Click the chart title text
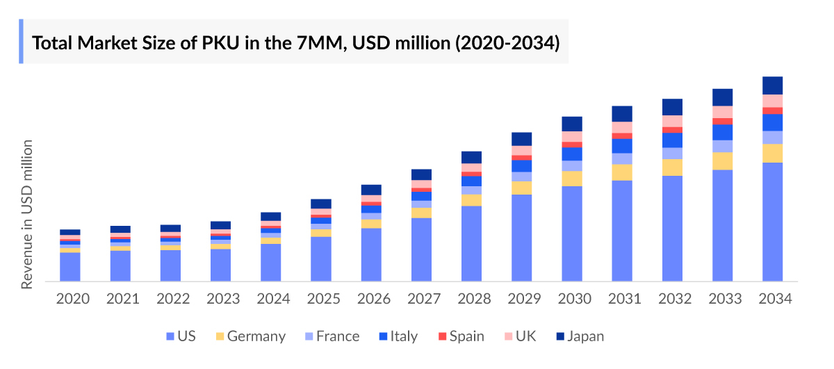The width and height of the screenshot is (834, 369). pyautogui.click(x=295, y=43)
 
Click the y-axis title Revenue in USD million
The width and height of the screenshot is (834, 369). pyautogui.click(x=27, y=214)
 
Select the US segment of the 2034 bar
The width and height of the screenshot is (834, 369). pyautogui.click(x=772, y=222)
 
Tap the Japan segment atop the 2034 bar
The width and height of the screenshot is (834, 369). pyautogui.click(x=772, y=85)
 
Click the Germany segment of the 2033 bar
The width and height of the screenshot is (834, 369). pyautogui.click(x=722, y=161)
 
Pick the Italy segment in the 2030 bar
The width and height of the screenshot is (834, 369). pyautogui.click(x=572, y=154)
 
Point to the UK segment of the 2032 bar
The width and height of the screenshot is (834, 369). pyautogui.click(x=672, y=121)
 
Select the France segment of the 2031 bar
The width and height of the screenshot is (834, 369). pyautogui.click(x=622, y=158)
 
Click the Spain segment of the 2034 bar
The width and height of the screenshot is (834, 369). pyautogui.click(x=772, y=110)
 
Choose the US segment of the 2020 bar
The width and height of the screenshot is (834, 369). pyautogui.click(x=70, y=267)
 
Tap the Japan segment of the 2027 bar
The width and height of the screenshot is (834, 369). pyautogui.click(x=421, y=174)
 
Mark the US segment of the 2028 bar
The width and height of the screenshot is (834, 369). pyautogui.click(x=471, y=243)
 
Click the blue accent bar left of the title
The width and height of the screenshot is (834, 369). pyautogui.click(x=21, y=41)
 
